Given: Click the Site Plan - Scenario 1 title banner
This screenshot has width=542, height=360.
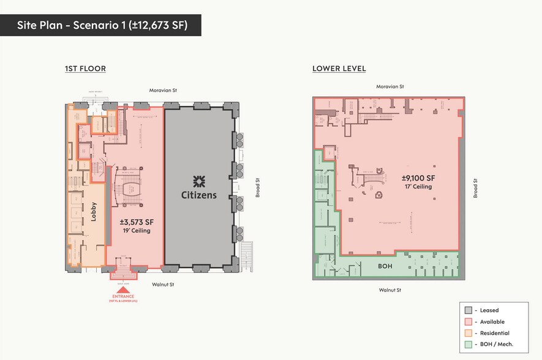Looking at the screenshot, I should [x=101, y=25].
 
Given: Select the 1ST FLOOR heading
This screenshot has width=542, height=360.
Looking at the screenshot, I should [x=85, y=69].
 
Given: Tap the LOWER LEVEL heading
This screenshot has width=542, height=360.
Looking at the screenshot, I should [x=339, y=69].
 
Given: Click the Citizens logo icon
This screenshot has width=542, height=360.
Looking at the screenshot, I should [x=198, y=181].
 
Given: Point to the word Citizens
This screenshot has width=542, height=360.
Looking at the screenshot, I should [x=198, y=195].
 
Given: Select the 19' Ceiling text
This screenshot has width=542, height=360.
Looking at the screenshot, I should [x=135, y=231].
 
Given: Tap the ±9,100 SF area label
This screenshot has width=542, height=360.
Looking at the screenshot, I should [x=419, y=178].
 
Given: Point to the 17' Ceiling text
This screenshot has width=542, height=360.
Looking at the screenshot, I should [x=419, y=187].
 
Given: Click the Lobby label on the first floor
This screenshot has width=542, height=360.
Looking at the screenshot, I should [x=94, y=211].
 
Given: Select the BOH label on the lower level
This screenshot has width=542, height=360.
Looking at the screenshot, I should [x=385, y=266].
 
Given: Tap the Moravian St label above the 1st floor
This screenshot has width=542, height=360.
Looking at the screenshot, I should [x=163, y=91].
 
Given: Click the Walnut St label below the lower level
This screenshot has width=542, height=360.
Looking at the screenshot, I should [x=390, y=290].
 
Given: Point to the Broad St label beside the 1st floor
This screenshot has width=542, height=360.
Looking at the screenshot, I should [x=257, y=187].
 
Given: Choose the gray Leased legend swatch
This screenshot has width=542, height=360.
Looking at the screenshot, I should [x=469, y=310].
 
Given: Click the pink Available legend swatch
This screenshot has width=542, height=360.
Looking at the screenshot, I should [x=469, y=322].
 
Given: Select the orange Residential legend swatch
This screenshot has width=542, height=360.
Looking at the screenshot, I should [x=469, y=333].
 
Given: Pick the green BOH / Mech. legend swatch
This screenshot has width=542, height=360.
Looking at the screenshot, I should [x=469, y=345].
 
